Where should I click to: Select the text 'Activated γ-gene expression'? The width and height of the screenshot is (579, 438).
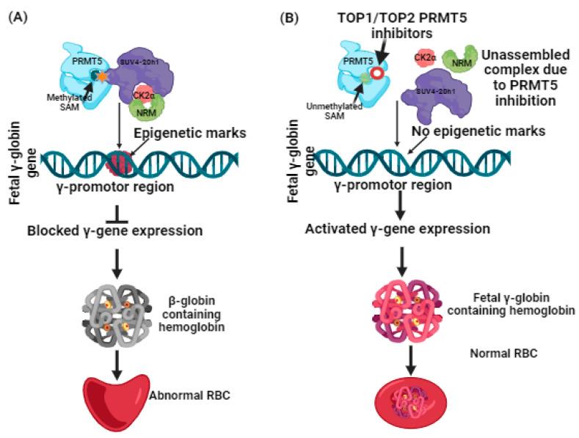pyautogui.click(x=399, y=230)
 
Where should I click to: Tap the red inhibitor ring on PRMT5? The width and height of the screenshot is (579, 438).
pyautogui.click(x=376, y=74)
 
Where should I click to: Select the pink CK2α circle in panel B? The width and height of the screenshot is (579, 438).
pyautogui.click(x=423, y=57)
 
